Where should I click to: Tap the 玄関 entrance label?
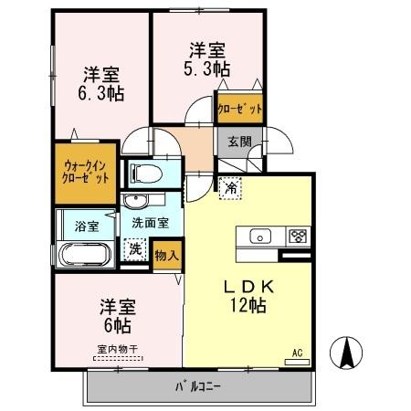tap(239, 141)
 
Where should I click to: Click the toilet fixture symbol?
tap(146, 173)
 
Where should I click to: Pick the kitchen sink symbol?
tap(260, 236)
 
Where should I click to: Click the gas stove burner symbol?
tap(298, 236)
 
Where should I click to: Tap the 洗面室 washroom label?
tap(150, 221)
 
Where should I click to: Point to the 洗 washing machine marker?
tap(135, 247)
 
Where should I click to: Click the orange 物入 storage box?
tap(165, 253)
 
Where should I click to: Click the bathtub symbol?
tap(84, 254)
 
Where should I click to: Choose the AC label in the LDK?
tap(297, 353)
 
